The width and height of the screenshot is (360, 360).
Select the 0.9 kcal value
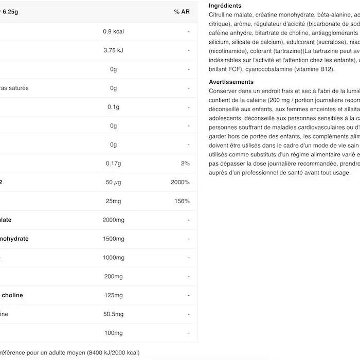pos(114,31)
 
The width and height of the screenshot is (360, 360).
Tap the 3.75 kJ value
pos(114,50)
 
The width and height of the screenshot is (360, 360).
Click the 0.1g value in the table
pos(114,107)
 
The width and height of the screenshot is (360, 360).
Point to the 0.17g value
pos(114,164)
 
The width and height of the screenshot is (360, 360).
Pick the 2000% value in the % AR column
pos(180,183)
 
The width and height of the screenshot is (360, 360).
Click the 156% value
pos(182,201)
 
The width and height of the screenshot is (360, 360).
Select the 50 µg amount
pos(114,183)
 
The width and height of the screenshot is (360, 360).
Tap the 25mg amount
pos(114,201)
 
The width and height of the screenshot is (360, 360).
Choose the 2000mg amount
pos(114,220)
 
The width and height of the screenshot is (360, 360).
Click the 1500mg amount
pos(114,239)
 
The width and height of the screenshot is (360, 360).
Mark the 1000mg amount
pos(114,258)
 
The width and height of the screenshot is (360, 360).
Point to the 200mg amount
pos(114,277)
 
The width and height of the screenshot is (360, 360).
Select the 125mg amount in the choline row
pos(114,296)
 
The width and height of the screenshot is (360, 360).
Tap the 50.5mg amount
pos(114,314)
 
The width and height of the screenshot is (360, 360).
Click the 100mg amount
pos(114,333)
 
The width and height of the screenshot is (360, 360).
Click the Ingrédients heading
pos(225,6)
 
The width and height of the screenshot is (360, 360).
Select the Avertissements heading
pos(231,82)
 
